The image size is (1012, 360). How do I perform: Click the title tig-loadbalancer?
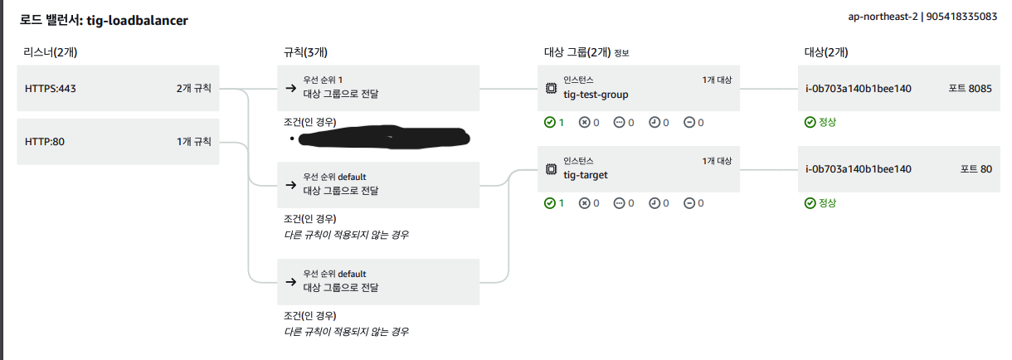(137, 20)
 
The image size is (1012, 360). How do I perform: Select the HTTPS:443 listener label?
(52, 88)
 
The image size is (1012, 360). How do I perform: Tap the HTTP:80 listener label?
(46, 141)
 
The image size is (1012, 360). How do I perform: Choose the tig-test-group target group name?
(596, 95)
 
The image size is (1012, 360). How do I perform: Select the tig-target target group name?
(586, 175)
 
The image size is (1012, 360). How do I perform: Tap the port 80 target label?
(976, 169)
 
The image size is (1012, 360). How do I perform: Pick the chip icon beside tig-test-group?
(551, 88)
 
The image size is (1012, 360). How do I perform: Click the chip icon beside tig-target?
(551, 169)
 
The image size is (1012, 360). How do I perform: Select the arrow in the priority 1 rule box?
(290, 88)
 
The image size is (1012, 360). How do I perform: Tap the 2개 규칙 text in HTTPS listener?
(193, 88)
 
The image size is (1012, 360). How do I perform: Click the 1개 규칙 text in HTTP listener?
(194, 141)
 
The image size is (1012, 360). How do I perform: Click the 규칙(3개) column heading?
(305, 52)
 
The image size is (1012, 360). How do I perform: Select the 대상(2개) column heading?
(826, 52)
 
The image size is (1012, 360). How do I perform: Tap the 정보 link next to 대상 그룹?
(621, 53)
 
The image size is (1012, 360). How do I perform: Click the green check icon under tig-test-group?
(549, 123)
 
